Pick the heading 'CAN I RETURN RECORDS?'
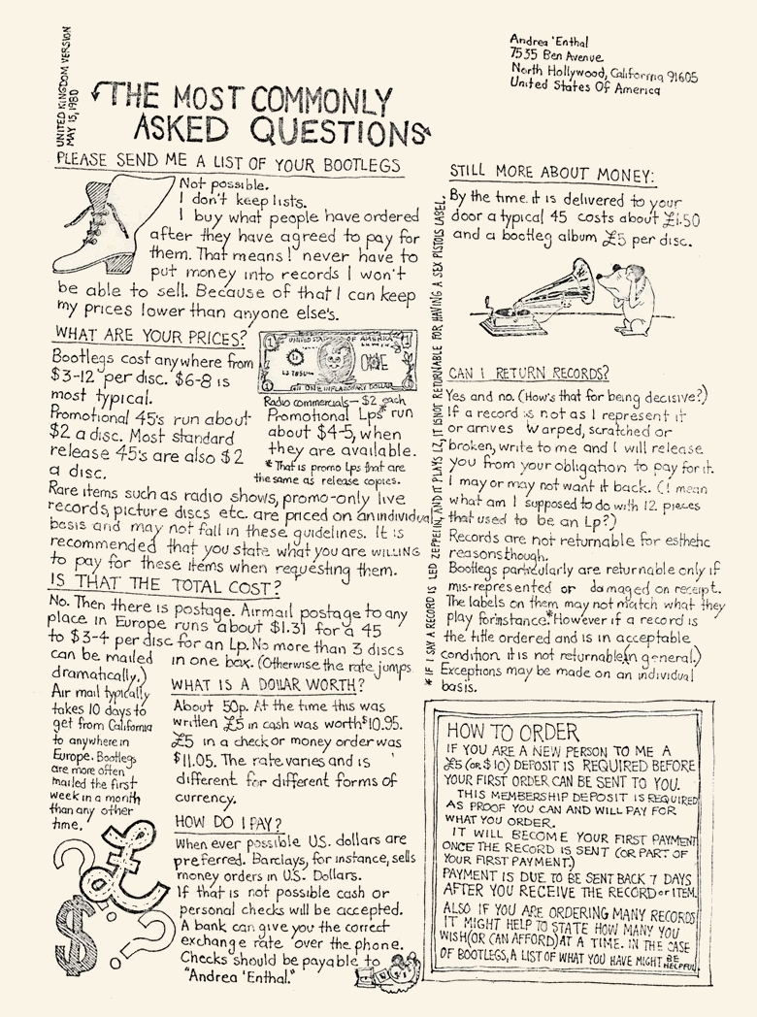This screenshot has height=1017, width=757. pos(528,373)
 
